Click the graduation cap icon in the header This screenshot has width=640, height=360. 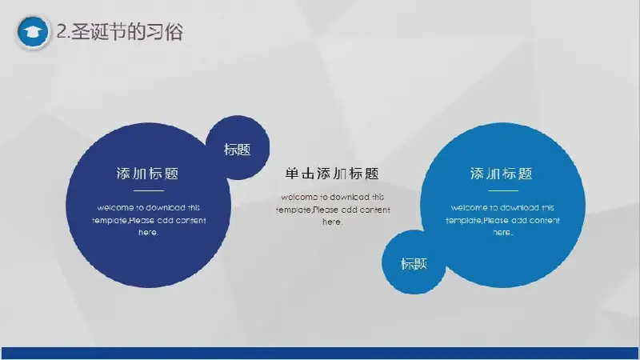click(x=33, y=32)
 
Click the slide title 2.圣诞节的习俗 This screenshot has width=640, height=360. click(x=119, y=31)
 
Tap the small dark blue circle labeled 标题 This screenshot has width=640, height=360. click(x=238, y=148)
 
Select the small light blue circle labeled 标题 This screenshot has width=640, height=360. click(x=414, y=262)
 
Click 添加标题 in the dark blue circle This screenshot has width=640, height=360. click(x=148, y=174)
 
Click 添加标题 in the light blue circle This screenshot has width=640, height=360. click(x=502, y=174)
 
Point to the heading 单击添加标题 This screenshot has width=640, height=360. click(x=332, y=174)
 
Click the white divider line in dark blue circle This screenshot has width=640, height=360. click(x=149, y=190)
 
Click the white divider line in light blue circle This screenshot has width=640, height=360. click(x=503, y=190)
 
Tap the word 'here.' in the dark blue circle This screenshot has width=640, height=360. click(x=149, y=233)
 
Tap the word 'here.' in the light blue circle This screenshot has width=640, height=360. click(x=502, y=233)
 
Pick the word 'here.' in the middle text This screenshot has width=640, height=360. click(x=333, y=222)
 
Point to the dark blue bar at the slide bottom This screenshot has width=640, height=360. click(x=320, y=353)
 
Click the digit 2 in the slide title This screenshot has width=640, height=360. click(x=62, y=31)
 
